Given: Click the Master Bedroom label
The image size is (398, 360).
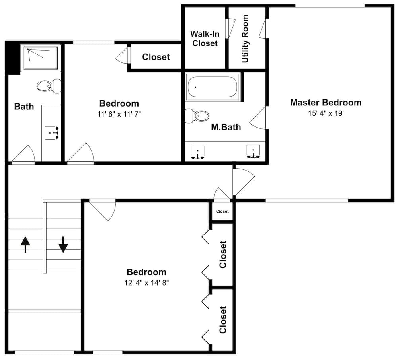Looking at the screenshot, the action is click(326, 103).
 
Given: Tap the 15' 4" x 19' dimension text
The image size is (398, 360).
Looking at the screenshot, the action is click(326, 113).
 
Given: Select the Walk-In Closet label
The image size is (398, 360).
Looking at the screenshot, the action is click(205, 39).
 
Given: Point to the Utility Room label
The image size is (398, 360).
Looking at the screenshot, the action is click(245, 39).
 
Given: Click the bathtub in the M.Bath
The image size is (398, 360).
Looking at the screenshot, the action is click(213, 87).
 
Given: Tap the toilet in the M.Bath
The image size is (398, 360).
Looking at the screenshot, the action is click(197, 116).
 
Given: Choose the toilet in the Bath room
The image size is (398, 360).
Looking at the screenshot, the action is click(49, 86).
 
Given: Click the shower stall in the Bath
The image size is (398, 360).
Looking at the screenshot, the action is click(41, 58).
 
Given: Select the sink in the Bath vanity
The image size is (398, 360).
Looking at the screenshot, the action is click(51, 133).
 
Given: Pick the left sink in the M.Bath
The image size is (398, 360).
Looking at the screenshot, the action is click(197, 152).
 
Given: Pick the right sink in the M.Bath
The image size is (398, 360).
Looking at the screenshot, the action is click(254, 152).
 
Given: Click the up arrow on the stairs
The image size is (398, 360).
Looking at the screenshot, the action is click(25, 245).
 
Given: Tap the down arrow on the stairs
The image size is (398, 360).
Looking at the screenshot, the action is click(63, 245).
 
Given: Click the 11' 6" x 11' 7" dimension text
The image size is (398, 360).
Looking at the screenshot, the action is click(119, 114).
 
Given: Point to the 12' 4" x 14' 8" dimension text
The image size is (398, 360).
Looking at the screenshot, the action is click(146, 282).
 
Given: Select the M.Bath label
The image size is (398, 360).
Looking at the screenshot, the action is click(226, 127).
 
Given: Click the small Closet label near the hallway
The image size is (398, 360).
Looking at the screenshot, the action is click(222, 211).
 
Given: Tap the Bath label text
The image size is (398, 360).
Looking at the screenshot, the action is click(24, 107).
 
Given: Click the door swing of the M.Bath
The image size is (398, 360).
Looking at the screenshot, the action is click(259, 118).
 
